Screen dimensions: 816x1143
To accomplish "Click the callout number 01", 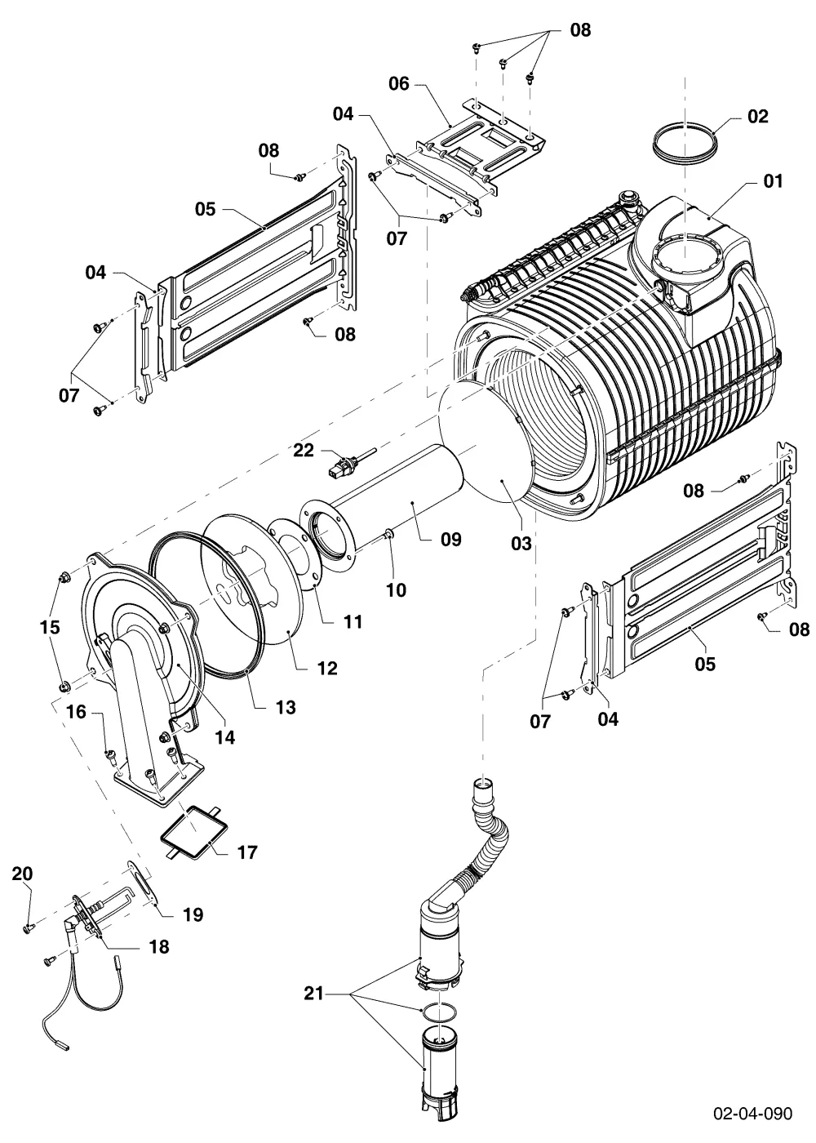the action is (773, 181).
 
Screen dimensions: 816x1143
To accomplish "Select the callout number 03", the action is (521, 544).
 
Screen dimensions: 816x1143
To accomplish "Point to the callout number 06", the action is (399, 83).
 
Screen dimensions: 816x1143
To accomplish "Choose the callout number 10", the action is (397, 589).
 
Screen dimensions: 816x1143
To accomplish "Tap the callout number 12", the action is (327, 668).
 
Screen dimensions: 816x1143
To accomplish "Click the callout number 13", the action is (285, 707).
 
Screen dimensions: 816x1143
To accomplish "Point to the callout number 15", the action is (50, 627).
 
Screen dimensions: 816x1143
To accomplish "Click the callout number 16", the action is (76, 711).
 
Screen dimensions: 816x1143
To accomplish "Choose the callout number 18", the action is (158, 946).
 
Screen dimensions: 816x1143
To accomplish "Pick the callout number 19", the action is (193, 914).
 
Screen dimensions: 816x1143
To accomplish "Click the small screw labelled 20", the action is (28, 929).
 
